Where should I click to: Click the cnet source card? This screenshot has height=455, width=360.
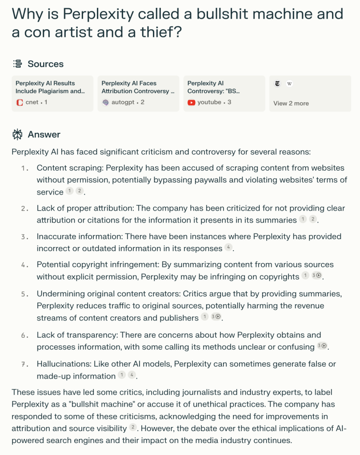click(52, 93)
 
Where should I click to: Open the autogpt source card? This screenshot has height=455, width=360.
click(138, 93)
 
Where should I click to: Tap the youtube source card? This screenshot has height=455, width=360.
click(224, 93)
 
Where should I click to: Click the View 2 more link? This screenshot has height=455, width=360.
click(291, 103)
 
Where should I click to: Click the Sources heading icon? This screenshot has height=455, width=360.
click(17, 64)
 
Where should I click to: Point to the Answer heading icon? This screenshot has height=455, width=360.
click(17, 134)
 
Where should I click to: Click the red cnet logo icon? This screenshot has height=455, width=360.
click(19, 103)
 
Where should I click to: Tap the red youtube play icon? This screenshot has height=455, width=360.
click(191, 103)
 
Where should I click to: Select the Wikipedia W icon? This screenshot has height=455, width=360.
click(289, 84)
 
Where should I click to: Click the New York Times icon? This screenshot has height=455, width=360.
click(278, 84)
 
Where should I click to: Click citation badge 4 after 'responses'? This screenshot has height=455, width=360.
click(228, 247)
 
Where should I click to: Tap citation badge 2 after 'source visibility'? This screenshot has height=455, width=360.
click(132, 427)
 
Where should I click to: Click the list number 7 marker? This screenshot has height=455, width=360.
click(25, 364)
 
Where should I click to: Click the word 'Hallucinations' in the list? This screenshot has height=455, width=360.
click(63, 364)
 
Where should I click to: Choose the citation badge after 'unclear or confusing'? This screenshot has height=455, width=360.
click(322, 346)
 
